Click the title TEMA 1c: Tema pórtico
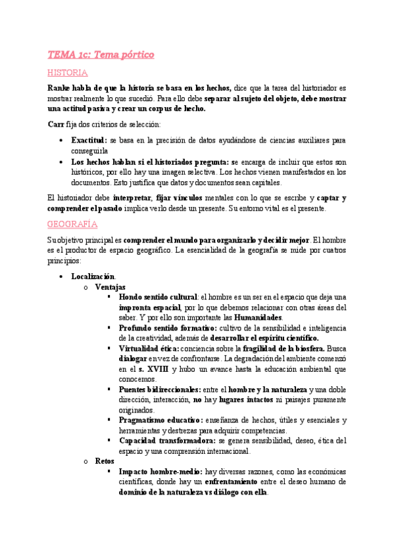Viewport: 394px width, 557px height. coord(101,55)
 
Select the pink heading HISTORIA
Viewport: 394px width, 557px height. coord(68,73)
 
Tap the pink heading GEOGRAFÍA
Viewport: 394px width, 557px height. coord(72,224)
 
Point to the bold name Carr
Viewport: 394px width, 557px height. coord(57,124)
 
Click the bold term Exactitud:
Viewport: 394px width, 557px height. coord(89,141)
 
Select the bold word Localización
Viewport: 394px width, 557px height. coord(93,276)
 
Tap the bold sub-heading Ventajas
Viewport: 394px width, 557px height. coord(110,287)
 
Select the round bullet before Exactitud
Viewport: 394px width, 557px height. coord(61,141)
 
